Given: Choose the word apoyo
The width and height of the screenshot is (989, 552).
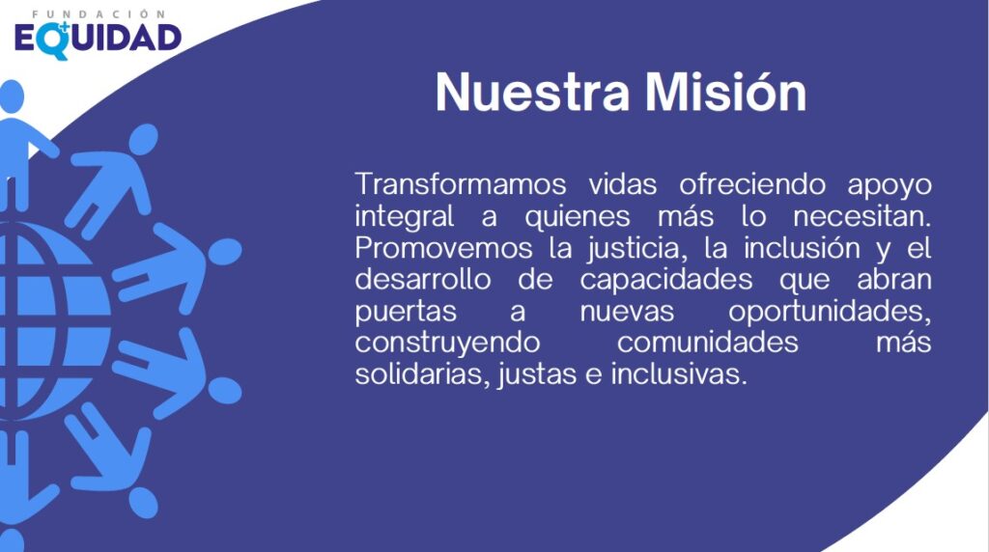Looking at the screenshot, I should pos(890,184).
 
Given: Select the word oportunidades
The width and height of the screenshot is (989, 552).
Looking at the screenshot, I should pos(830,312).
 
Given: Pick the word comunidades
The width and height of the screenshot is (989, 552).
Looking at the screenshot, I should pos(708,344).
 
